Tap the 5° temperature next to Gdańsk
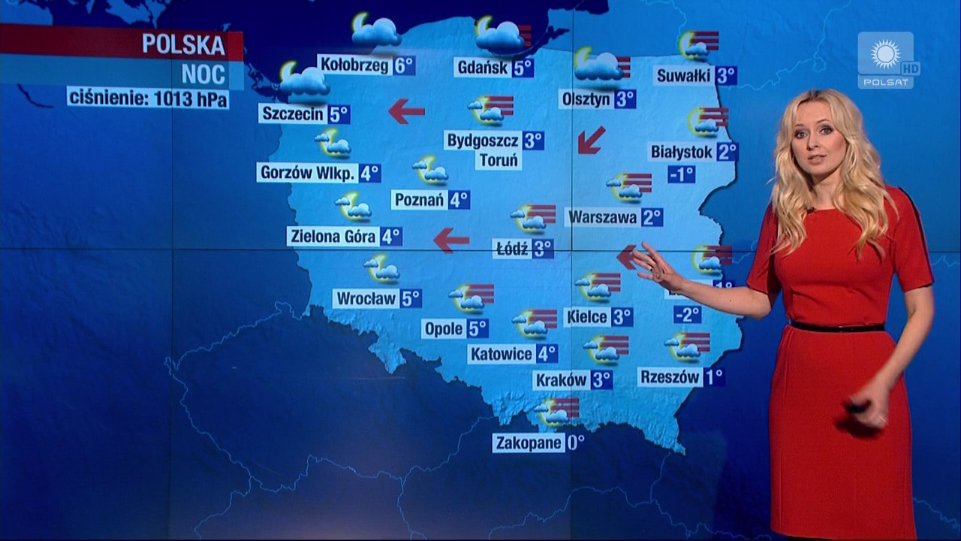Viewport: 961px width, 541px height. [x=523, y=68]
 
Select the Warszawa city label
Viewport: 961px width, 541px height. [x=602, y=217]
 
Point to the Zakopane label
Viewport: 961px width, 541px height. [x=529, y=443]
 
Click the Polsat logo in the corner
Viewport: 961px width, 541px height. [x=887, y=60]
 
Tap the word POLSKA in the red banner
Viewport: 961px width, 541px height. [x=184, y=45]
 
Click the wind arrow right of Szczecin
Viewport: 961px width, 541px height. [x=406, y=111]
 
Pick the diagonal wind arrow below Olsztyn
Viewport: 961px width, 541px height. [x=592, y=140]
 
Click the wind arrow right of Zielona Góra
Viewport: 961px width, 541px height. [x=451, y=240]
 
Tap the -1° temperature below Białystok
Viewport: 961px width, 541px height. [x=681, y=174]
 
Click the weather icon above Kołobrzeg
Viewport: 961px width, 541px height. [x=375, y=31]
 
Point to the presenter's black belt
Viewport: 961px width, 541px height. [x=837, y=327]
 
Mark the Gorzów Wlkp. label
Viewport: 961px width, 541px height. [x=307, y=173]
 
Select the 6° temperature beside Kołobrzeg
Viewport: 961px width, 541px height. [x=404, y=65]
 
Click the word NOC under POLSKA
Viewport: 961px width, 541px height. [x=203, y=74]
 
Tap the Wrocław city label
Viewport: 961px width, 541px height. [x=366, y=298]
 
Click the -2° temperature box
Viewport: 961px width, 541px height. [x=687, y=314]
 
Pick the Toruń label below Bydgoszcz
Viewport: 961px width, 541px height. [x=499, y=159]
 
